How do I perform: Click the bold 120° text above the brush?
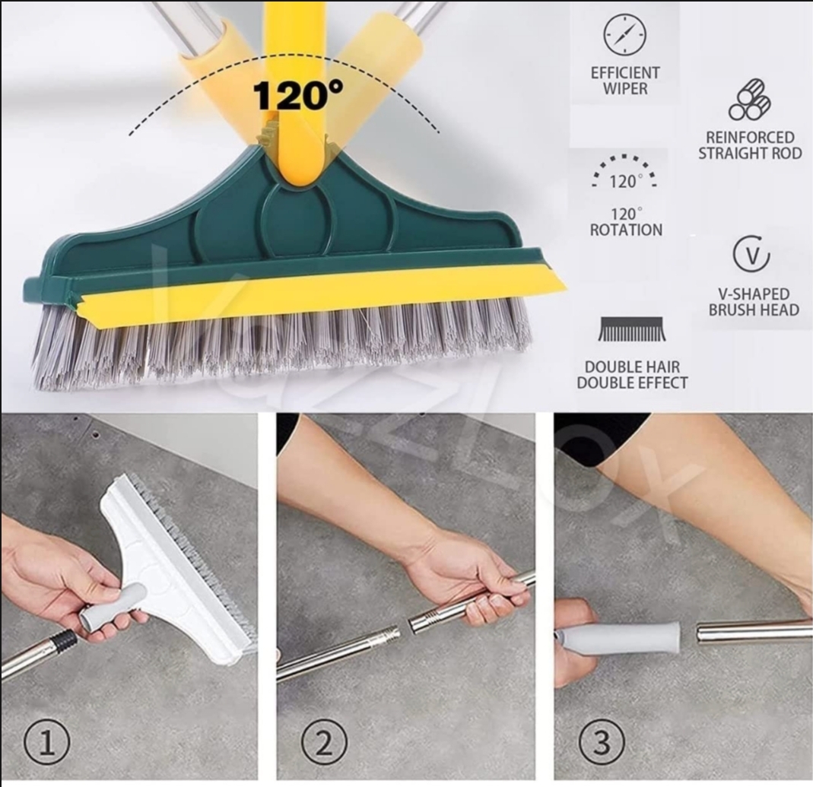(x=297, y=95)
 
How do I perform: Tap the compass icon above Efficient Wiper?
(x=625, y=34)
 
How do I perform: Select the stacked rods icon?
(x=750, y=100)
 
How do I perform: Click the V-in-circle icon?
(x=751, y=255)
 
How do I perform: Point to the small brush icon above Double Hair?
(x=632, y=329)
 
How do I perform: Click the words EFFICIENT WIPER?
(x=625, y=81)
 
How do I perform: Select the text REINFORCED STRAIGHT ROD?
(x=750, y=145)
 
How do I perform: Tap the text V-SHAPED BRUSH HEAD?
(x=754, y=302)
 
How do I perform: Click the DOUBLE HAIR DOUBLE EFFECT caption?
(x=632, y=375)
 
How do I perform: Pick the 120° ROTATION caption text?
(x=626, y=221)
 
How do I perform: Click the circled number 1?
(x=46, y=741)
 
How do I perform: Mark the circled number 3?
(x=601, y=741)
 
